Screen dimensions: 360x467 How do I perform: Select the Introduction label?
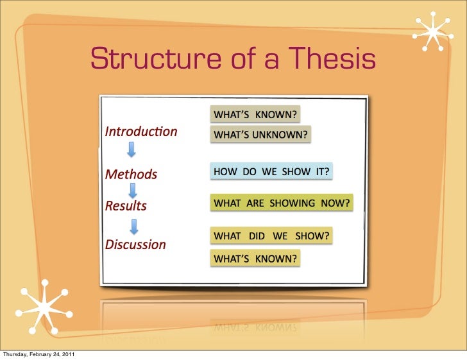141,132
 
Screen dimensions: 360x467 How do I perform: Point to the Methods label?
131,174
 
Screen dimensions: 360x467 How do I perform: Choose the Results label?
126,206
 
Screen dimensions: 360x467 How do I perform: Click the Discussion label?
135,244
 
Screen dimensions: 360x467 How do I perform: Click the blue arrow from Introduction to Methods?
132,150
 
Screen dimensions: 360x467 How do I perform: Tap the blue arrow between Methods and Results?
132,190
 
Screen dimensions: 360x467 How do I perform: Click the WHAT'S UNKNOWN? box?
261,135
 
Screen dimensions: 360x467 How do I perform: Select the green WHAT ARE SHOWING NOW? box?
282,203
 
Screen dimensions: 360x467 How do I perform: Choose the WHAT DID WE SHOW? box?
271,236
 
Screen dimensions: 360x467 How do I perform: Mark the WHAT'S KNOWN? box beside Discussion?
255,259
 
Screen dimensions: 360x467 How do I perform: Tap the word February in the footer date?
41,355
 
